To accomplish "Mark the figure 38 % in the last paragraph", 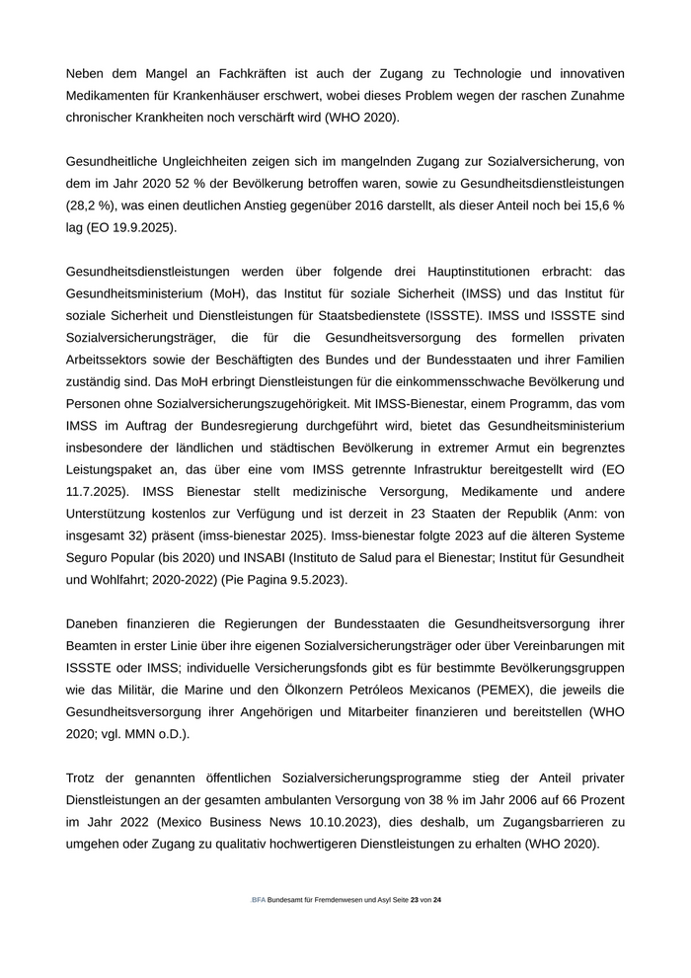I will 409,799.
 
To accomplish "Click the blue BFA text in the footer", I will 259,900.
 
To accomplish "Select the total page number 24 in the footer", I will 436,900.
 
